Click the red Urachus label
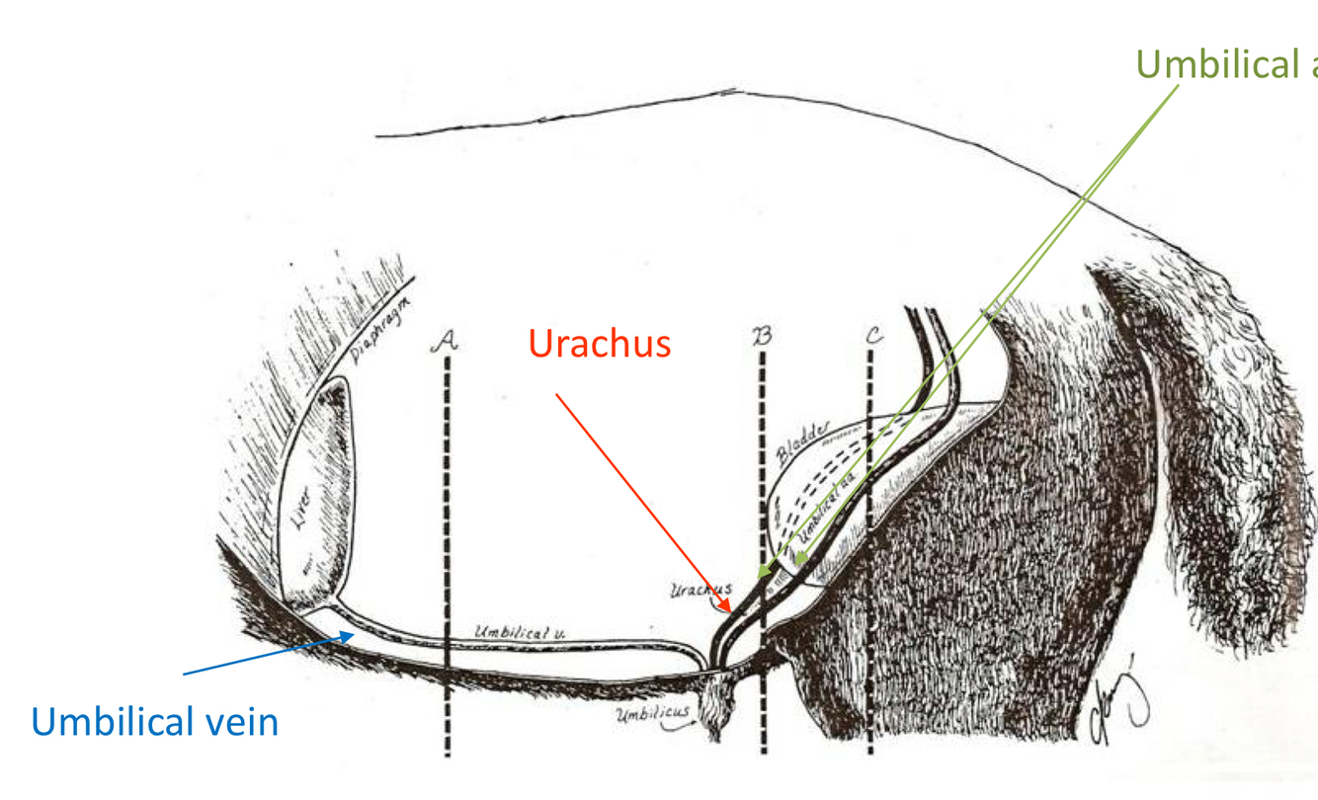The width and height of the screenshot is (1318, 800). (600, 344)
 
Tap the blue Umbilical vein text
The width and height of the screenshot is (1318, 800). (155, 721)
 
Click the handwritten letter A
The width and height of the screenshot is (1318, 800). (446, 341)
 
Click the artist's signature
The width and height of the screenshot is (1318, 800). (1121, 698)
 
